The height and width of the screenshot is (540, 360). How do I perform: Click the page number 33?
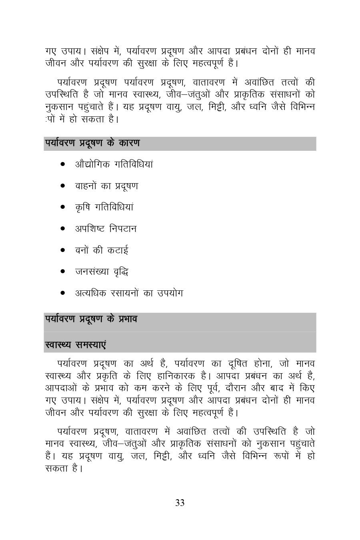[x=180, y=503]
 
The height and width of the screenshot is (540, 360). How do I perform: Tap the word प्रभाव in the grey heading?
[x=126, y=319]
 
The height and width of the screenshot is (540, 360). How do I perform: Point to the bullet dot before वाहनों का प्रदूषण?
[x=63, y=186]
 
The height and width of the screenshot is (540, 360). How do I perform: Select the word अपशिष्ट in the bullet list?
[x=90, y=229]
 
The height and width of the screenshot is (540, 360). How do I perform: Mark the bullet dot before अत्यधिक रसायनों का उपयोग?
[x=63, y=293]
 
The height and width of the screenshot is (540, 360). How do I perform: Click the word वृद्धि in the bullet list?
[x=119, y=272]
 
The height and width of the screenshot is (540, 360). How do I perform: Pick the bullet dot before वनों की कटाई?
[x=63, y=250]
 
